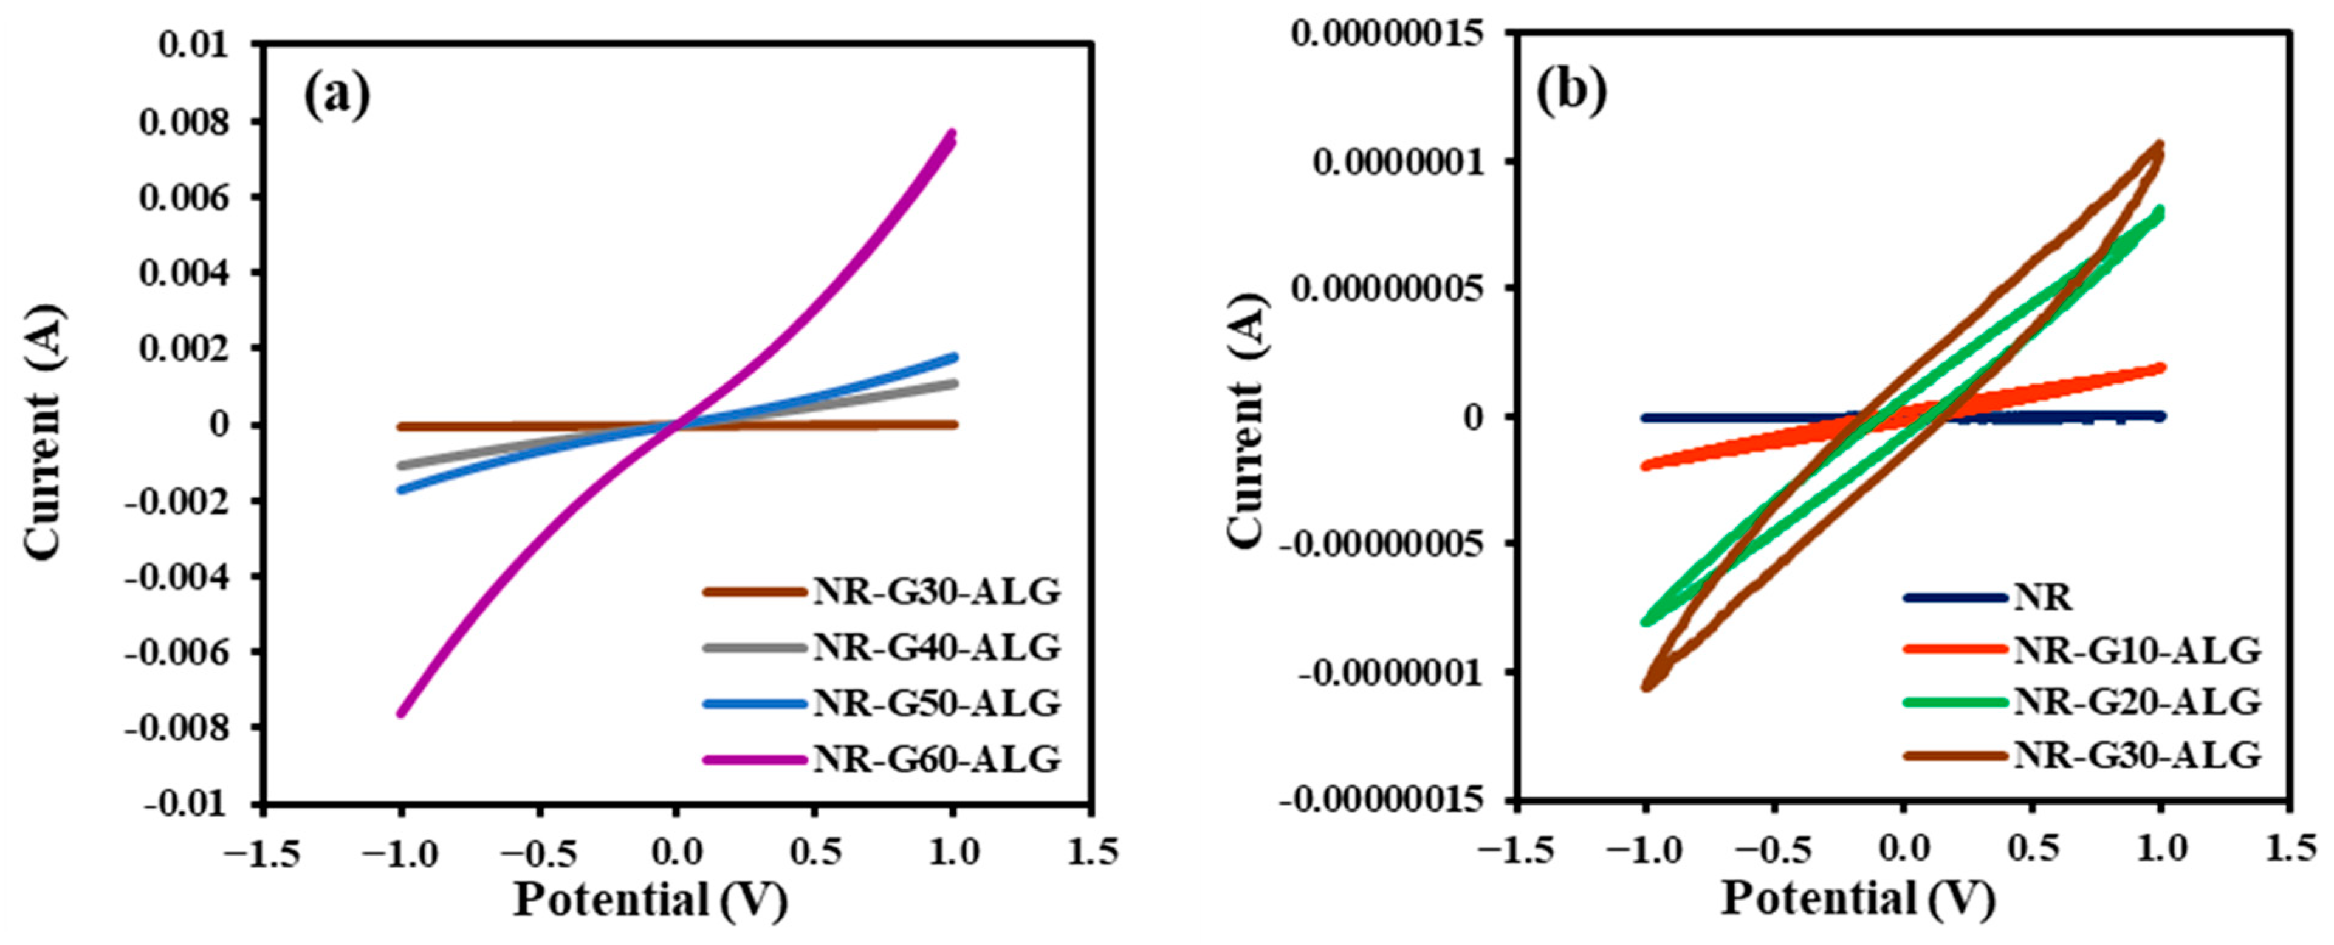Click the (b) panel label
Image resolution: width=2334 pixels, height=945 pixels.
click(1570, 91)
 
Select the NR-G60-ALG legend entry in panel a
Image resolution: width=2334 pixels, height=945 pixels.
click(936, 759)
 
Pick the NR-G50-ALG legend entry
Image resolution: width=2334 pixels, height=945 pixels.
click(936, 703)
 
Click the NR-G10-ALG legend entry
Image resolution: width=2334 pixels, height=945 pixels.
click(2137, 650)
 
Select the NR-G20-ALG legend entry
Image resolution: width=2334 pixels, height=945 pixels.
click(2137, 702)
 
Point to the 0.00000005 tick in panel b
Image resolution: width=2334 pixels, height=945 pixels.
click(1389, 289)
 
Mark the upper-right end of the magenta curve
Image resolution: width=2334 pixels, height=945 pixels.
click(952, 134)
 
